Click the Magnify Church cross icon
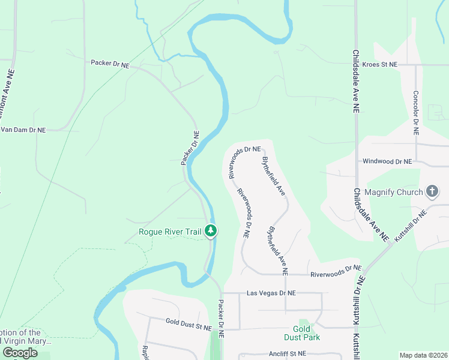431,192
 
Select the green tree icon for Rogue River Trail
211,230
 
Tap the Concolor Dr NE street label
415,112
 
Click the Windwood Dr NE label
387,162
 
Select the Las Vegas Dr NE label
272,293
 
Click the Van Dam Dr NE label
23,130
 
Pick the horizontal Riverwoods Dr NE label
336,271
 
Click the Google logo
20,353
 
